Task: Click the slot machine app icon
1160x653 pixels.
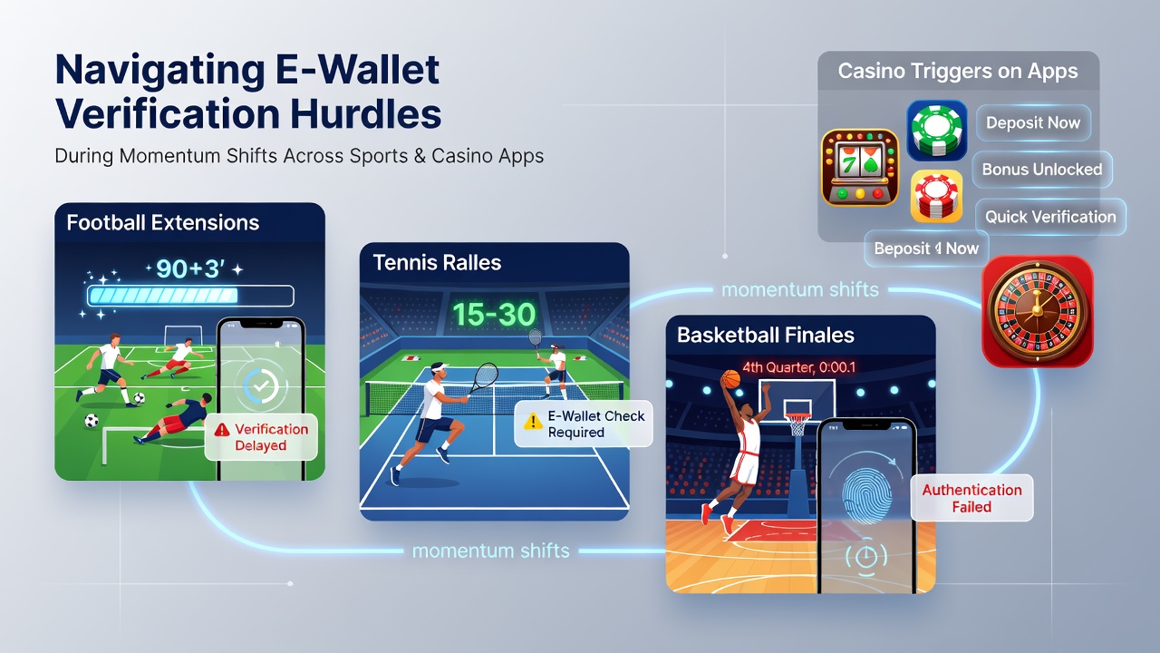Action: tap(860, 168)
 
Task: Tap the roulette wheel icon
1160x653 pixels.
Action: tap(1038, 311)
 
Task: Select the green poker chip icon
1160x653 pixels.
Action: tap(937, 131)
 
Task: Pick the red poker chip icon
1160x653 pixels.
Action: tap(936, 197)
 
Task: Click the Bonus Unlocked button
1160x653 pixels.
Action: tap(1042, 170)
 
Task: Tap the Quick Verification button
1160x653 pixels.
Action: tap(1050, 217)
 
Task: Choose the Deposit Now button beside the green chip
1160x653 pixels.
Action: tap(1033, 122)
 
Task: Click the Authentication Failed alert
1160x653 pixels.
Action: tap(972, 498)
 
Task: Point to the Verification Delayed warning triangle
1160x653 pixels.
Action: tap(222, 429)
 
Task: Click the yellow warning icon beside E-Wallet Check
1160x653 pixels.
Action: tap(532, 422)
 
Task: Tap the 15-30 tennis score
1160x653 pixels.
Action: tap(494, 315)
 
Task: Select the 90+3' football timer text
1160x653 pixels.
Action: tap(190, 268)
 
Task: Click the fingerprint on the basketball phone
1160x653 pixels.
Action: tap(867, 495)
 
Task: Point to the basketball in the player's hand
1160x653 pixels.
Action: tap(730, 379)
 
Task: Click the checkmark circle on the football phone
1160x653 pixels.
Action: tap(261, 385)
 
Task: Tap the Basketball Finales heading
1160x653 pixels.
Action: tap(766, 336)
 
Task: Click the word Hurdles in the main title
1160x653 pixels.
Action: tap(365, 113)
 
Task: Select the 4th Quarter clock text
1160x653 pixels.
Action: tap(798, 367)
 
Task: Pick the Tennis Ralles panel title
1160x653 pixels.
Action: tap(437, 263)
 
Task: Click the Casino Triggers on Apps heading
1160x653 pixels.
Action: tap(958, 71)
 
